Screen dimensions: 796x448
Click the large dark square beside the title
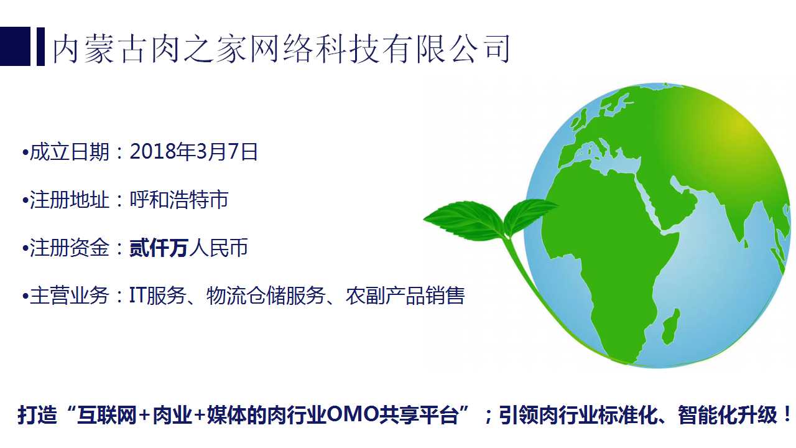(15, 47)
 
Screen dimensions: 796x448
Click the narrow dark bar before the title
(40, 47)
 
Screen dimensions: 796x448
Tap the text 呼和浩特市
(178, 200)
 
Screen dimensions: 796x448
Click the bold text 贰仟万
(159, 248)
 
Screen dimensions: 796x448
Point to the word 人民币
(218, 248)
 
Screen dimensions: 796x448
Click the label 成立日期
(69, 152)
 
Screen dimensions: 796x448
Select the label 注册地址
(69, 200)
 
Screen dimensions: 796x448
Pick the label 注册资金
(69, 248)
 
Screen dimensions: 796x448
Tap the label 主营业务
(69, 296)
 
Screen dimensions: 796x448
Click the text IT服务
(157, 296)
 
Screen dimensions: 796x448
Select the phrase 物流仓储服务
(266, 296)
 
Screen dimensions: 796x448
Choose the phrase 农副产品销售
(405, 296)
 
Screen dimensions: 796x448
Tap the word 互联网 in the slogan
(106, 415)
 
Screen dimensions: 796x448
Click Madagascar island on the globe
(671, 327)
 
